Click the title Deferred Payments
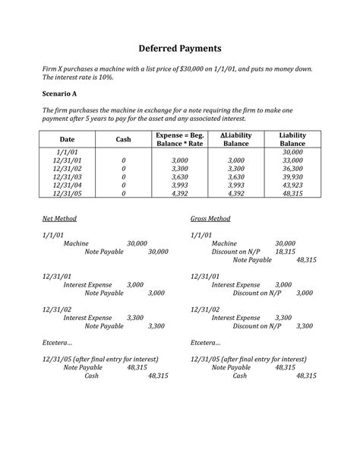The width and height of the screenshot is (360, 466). [180, 49]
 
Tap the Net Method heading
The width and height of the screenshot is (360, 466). [60, 219]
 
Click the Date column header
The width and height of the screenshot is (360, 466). [68, 139]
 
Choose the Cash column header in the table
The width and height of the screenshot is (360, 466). [123, 139]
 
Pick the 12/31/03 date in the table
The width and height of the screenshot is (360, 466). [68, 176]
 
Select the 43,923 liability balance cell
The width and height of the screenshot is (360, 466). [292, 185]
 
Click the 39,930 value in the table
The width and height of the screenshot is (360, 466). [292, 176]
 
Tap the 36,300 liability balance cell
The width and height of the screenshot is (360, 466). [292, 168]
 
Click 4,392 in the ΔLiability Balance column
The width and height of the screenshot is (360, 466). [236, 193]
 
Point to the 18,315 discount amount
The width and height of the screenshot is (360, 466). [285, 251]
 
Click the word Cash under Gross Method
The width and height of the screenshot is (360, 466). [240, 376]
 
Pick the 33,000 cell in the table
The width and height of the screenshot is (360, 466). [292, 160]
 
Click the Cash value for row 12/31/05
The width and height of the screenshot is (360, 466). [123, 193]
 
